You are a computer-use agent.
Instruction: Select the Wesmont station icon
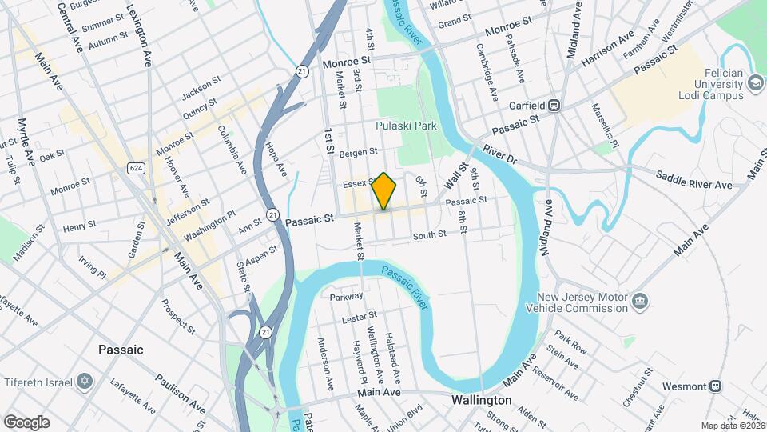coord(716,386)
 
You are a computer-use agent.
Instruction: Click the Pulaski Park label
coord(406,126)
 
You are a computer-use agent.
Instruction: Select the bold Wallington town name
coord(481,399)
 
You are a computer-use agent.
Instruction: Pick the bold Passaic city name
coord(121,350)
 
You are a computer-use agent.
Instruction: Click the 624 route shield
coord(135,167)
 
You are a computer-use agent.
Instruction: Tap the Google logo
coord(26,422)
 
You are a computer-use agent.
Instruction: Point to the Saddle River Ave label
coord(693,180)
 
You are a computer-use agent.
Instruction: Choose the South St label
coord(429,236)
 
